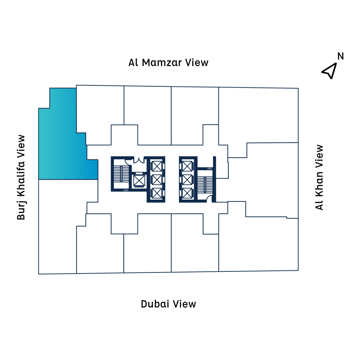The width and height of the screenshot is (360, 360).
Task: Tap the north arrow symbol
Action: point(329,71)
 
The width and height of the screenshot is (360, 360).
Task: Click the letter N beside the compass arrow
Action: point(340,56)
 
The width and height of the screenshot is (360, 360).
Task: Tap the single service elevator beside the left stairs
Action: point(139,180)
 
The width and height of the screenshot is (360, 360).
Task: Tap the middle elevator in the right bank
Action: point(188,179)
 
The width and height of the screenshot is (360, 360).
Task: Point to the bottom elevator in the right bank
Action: point(188,193)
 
